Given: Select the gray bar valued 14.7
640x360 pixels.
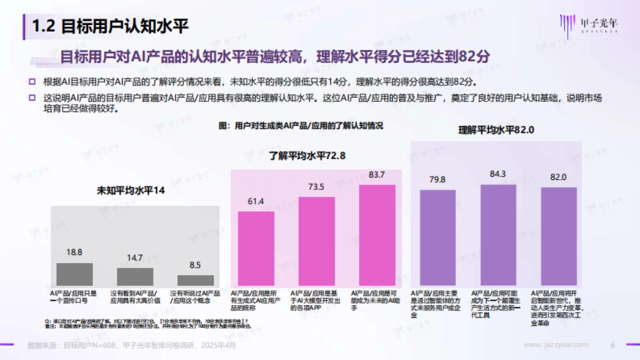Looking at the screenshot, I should [135, 277].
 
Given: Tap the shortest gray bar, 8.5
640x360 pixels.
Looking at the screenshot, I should [195, 281].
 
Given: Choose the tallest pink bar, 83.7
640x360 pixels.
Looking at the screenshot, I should [377, 236].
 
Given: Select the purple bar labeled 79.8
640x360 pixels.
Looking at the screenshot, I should [438, 238].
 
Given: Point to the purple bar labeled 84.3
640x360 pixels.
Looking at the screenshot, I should [498, 236].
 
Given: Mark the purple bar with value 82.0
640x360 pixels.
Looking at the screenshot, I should [558, 237].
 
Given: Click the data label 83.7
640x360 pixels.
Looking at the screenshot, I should [377, 175].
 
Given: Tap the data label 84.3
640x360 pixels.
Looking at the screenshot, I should [498, 174].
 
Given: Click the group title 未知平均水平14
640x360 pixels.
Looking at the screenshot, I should [130, 190].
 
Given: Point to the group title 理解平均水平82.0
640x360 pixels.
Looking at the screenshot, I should [497, 130].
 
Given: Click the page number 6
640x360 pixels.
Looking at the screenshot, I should [613, 345].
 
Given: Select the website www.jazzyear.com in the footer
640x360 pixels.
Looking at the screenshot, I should [556, 345].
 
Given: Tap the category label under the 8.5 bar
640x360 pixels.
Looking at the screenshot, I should [195, 297].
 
